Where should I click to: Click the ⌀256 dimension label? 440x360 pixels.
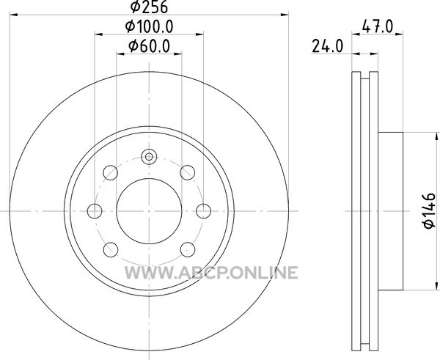point(149,7)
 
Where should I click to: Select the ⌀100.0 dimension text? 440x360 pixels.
point(149,26)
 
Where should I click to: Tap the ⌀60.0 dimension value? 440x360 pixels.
point(149,46)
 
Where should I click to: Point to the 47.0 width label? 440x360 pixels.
point(378,26)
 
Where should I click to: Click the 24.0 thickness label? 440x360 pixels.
point(328,46)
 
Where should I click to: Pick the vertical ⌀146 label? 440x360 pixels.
point(429,210)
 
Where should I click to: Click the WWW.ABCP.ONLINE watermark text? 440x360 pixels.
point(211,273)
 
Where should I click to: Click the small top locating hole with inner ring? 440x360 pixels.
point(149,157)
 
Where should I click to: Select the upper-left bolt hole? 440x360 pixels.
point(111,172)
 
